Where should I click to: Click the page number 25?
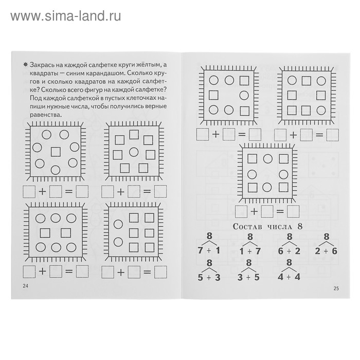[x=336, y=288]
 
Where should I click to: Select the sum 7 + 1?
[x=209, y=251]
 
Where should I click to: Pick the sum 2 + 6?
[x=326, y=251]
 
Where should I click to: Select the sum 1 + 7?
[x=249, y=251]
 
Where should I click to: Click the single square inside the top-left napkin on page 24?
[x=56, y=151]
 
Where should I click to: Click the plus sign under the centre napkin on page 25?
[x=254, y=211]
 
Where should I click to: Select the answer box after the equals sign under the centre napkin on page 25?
[x=293, y=211]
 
